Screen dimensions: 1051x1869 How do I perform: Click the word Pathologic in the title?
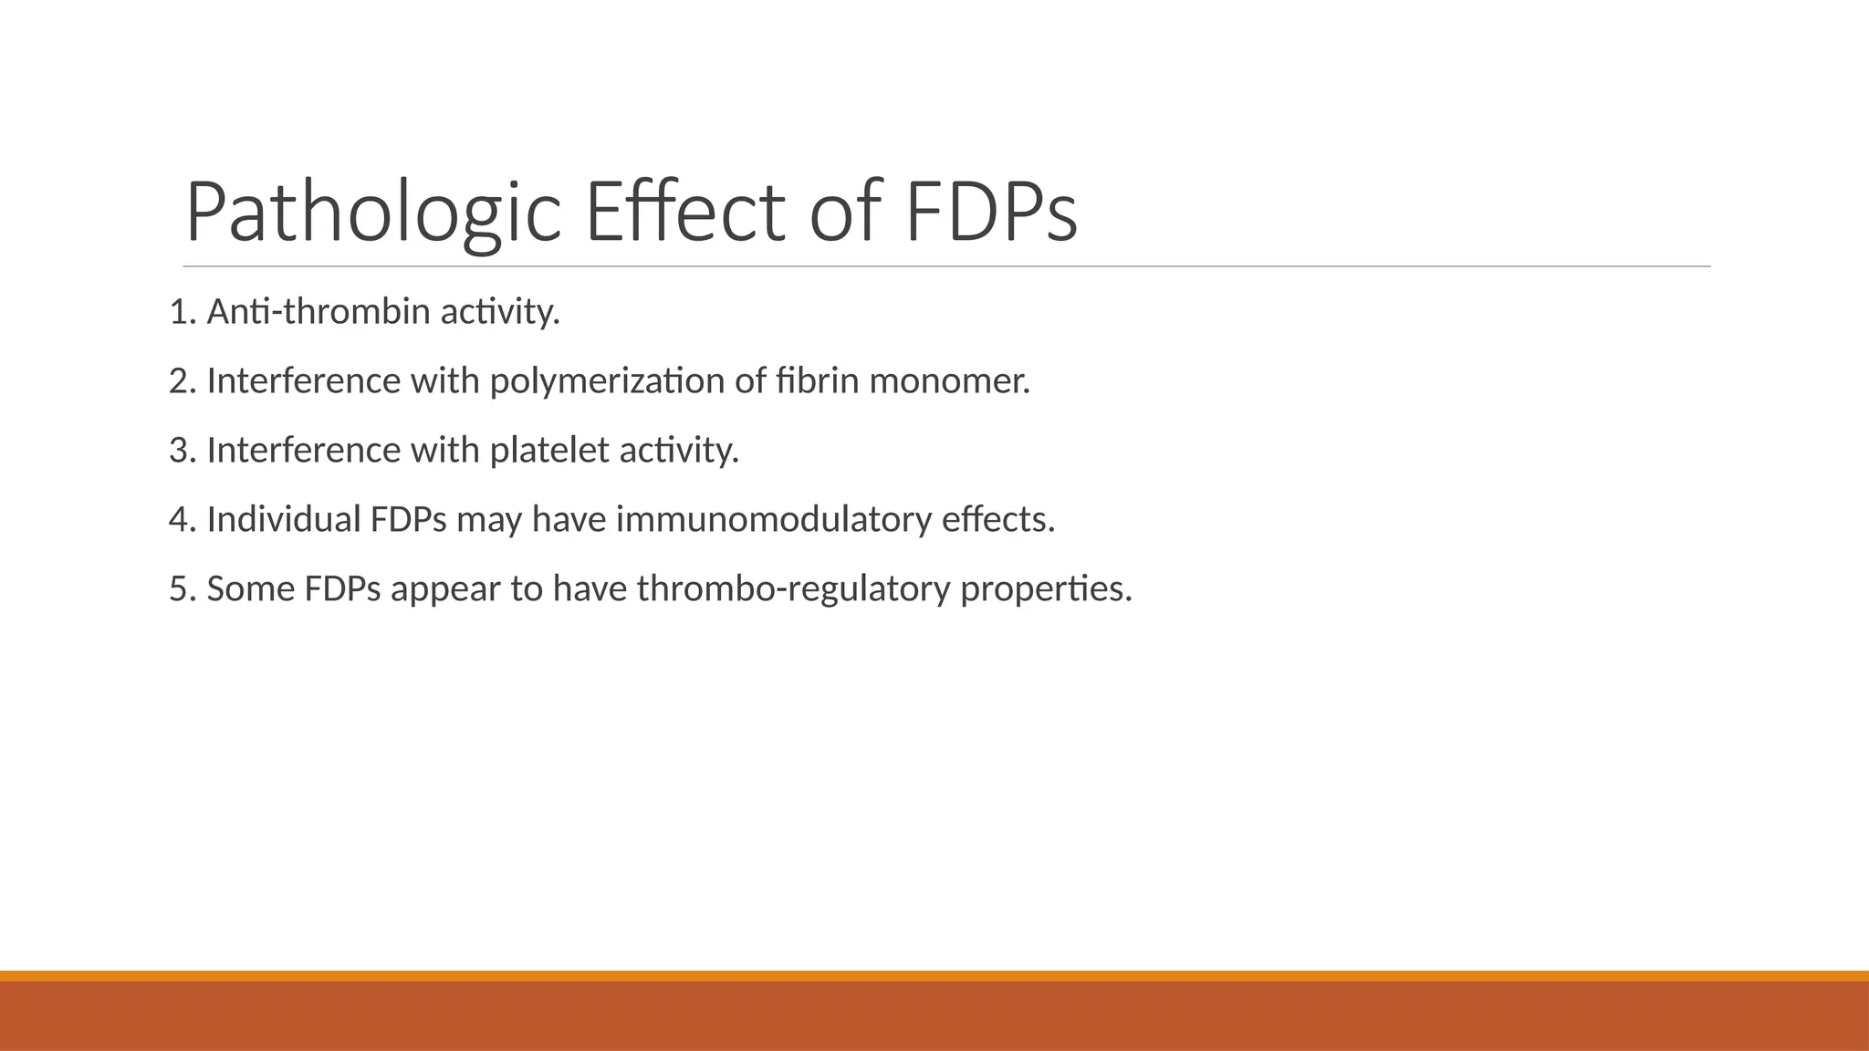372,213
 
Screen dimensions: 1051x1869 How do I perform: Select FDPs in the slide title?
990,213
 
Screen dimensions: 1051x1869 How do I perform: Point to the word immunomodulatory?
773,519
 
